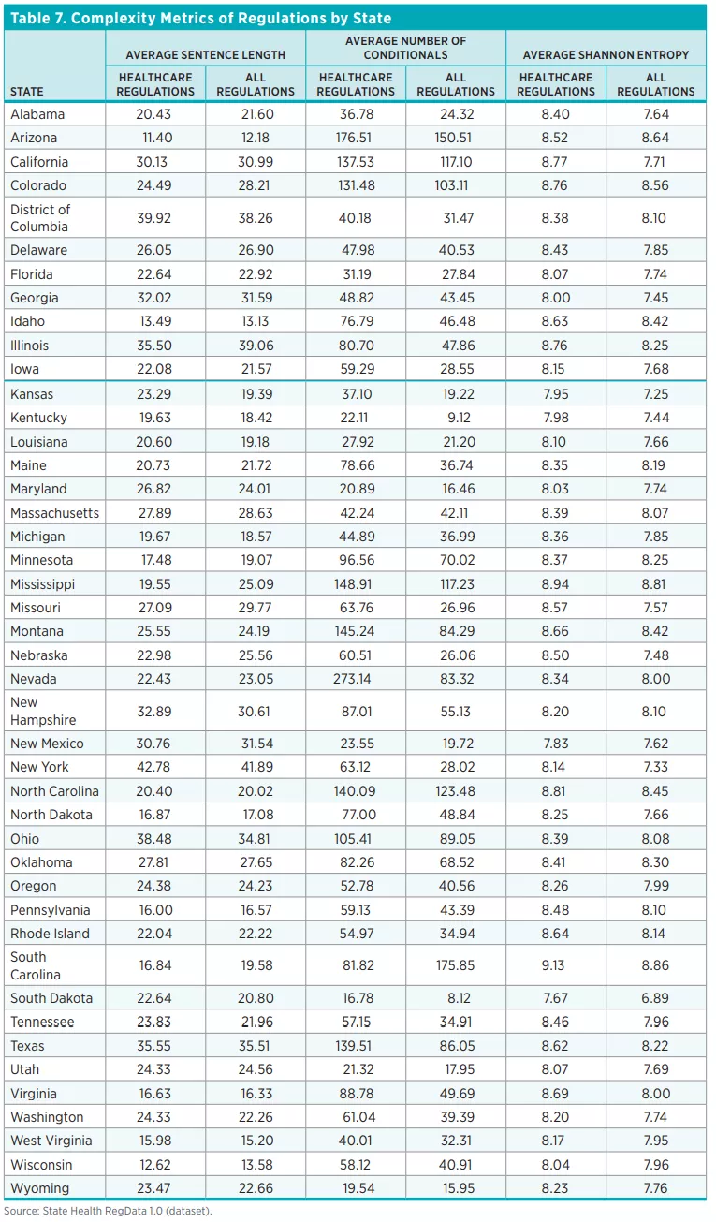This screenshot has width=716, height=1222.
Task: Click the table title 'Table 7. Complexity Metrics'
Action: [x=200, y=18]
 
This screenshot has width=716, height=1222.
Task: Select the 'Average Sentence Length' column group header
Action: [x=205, y=55]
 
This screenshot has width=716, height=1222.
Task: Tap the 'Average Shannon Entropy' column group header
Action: [x=606, y=55]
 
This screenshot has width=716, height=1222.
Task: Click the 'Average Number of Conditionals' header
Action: [x=405, y=48]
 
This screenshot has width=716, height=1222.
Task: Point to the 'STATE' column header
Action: [x=27, y=92]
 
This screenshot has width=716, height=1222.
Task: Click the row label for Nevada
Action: [x=34, y=679]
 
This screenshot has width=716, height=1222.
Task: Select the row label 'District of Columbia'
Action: [x=40, y=218]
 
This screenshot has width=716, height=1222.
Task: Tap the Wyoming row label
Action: [x=39, y=1188]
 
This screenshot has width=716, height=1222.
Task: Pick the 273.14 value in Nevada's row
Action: [x=355, y=679]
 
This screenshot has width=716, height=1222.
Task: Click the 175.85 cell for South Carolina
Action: [x=455, y=965]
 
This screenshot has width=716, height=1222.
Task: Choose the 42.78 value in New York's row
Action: [x=154, y=767]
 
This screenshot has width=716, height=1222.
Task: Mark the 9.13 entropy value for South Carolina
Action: [x=555, y=965]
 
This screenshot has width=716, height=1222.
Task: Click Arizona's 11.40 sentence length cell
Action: [x=154, y=138]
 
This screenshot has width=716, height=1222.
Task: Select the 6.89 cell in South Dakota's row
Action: [x=655, y=998]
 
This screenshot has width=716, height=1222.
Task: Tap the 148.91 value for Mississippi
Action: [x=355, y=584]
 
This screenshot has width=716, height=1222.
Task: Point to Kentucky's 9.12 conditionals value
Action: [x=455, y=418]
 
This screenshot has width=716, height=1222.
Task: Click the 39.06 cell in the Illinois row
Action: [x=255, y=346]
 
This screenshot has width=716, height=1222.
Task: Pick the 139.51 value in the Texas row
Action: [x=355, y=1046]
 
